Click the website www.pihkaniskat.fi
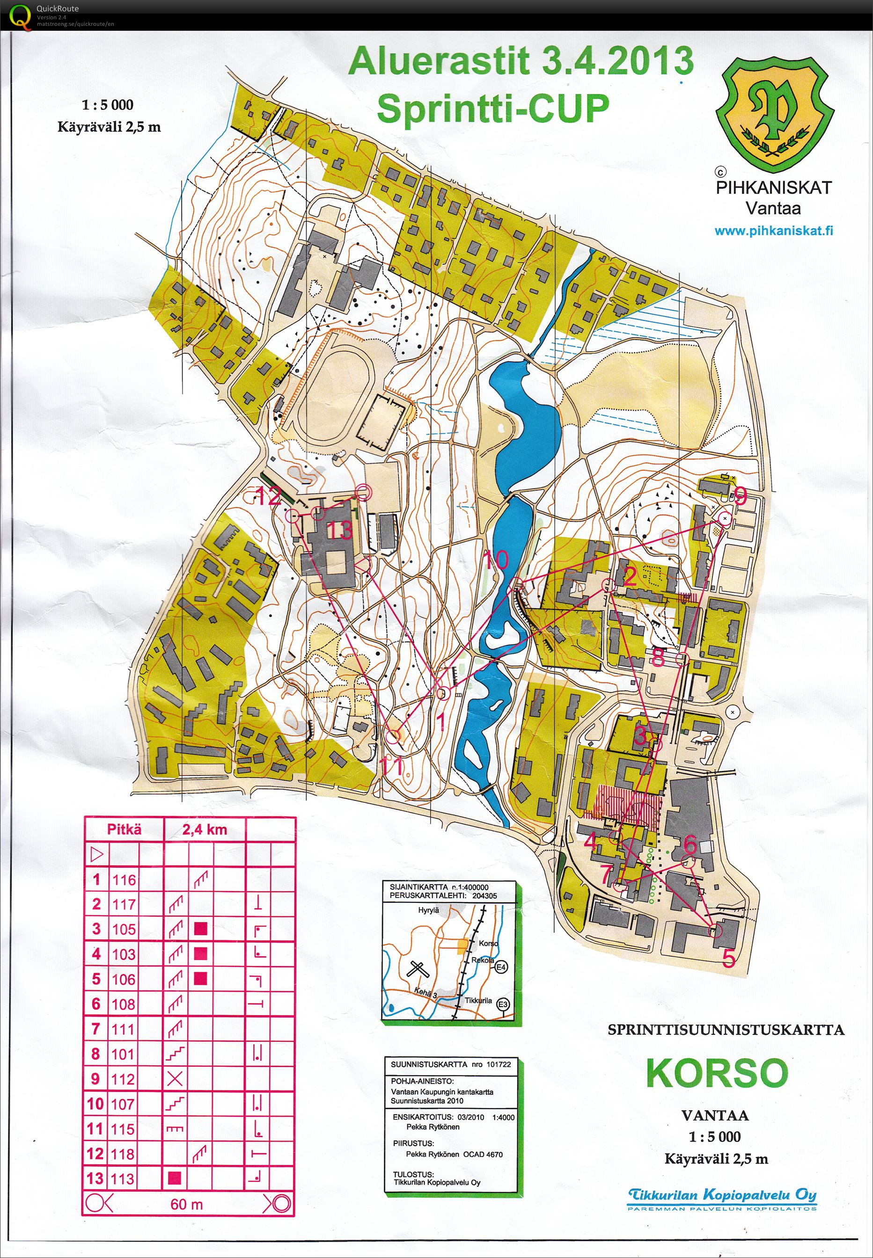pos(773,231)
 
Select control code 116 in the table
pos(124,880)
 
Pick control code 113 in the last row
pos(123,1179)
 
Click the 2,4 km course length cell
pos(205,829)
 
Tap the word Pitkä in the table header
pos(124,829)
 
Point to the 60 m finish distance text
pos(186,1204)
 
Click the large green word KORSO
pos(717,1073)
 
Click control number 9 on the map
pos(740,495)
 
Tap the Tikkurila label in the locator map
pos(478,1001)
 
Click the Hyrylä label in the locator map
pos(428,910)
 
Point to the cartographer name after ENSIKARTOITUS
pos(433,1127)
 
